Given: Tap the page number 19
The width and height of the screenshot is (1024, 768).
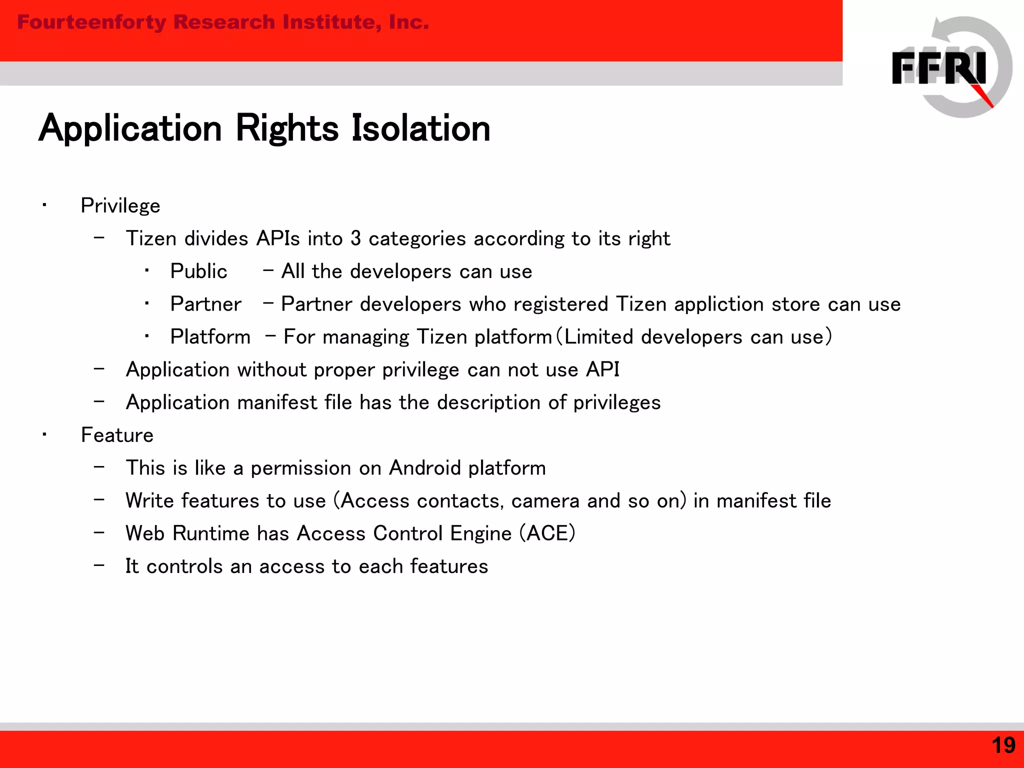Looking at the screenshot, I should point(1003,745).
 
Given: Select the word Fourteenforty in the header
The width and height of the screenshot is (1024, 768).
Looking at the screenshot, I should point(91,22).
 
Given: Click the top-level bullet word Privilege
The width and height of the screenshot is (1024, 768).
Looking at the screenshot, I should point(120,206).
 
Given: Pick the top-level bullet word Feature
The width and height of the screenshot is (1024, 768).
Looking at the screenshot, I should point(117,435).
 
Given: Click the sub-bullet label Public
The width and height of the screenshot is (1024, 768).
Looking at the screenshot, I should point(198,271).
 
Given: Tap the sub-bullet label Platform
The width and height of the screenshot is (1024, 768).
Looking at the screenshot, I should point(210,337).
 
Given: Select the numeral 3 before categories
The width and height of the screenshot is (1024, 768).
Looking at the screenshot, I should point(355,238).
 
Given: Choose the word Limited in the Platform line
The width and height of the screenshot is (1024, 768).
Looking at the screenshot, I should point(598,337).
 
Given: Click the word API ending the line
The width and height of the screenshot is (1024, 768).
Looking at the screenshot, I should point(603,369).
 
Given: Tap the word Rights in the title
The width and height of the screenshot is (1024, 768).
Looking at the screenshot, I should point(287,128).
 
